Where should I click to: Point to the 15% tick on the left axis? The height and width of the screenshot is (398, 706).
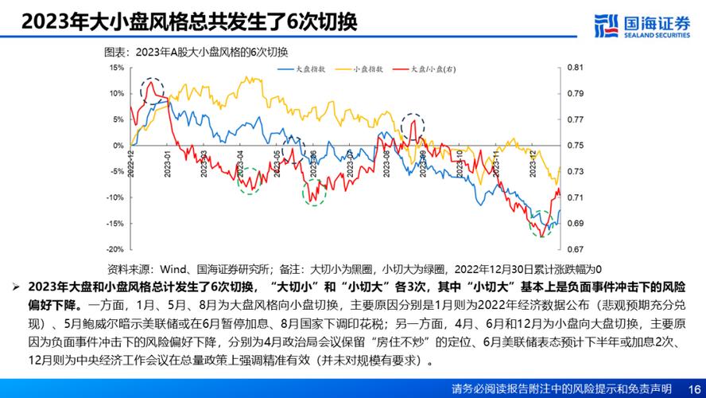tap(116, 68)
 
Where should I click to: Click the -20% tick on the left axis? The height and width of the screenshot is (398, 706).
tap(114, 249)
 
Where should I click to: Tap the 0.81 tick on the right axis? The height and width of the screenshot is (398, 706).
tap(576, 68)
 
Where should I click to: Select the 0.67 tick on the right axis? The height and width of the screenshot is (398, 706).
tap(576, 249)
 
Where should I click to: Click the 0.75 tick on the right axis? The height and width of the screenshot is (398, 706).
tap(576, 146)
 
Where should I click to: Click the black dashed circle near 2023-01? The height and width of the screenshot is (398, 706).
tap(153, 91)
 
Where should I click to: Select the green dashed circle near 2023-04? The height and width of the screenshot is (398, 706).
tap(250, 180)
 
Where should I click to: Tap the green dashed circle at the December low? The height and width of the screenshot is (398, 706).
tap(542, 224)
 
